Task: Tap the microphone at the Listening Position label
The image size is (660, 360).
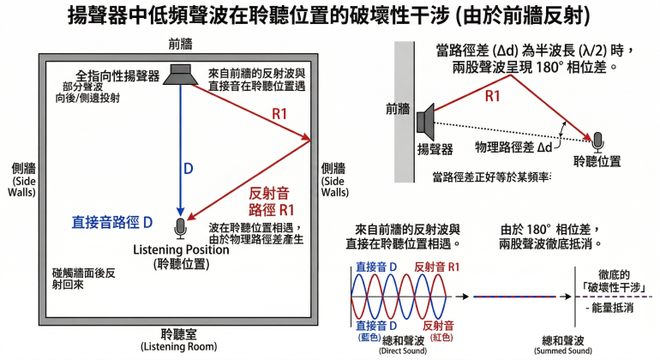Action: [x=180, y=227]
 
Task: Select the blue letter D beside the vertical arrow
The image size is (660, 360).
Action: [x=189, y=168]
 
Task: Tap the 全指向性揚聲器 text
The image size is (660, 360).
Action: [x=118, y=75]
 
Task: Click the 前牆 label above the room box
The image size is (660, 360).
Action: [x=176, y=43]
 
